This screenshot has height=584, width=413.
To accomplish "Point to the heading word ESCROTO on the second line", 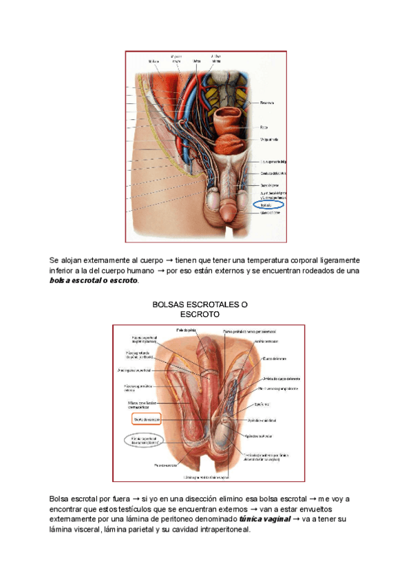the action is tap(200, 314).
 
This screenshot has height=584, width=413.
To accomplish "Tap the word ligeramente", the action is tap(333, 260).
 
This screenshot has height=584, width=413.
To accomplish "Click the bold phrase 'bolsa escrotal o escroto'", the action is tap(94, 281).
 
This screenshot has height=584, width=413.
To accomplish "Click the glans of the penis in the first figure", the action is tap(227, 216).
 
